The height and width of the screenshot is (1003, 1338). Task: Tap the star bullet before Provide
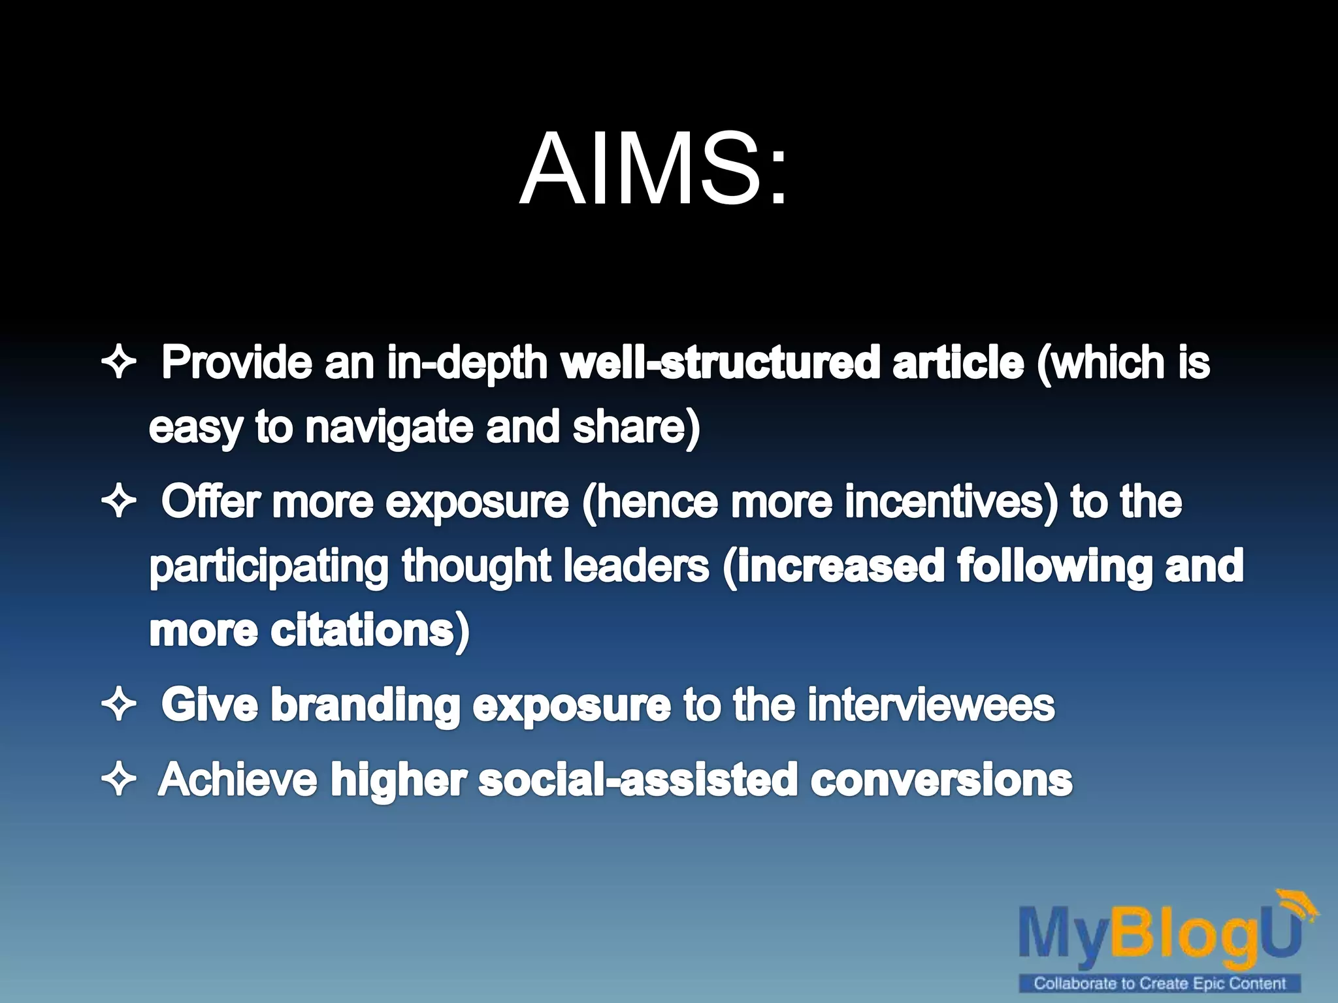tap(119, 362)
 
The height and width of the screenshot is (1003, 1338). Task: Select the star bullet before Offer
tap(119, 502)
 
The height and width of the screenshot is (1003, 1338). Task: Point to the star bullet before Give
tap(119, 705)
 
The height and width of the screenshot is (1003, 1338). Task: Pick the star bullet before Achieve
tap(119, 780)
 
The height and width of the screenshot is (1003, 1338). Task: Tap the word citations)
tap(370, 631)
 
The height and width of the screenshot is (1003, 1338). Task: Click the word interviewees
tap(931, 705)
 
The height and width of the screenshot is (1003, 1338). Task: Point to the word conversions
tap(941, 780)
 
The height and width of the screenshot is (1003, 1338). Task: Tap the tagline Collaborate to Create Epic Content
tap(1160, 983)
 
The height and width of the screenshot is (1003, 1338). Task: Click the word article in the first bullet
tap(958, 362)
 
